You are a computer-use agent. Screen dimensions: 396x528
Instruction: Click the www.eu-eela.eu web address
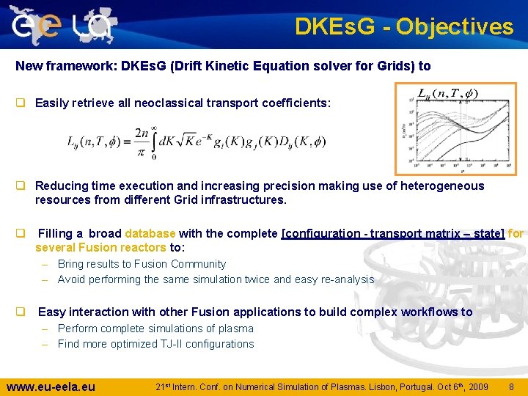(x=51, y=386)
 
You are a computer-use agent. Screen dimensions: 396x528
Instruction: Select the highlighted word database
(x=150, y=233)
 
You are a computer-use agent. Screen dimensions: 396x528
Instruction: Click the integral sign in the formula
(x=153, y=141)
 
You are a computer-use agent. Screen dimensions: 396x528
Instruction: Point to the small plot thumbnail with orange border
(x=455, y=128)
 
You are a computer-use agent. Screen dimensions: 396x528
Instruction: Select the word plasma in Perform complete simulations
(x=235, y=329)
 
